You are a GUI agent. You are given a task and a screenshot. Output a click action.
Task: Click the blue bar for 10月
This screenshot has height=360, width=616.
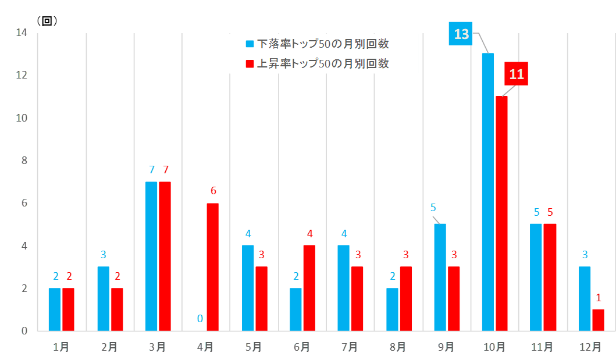point(488,192)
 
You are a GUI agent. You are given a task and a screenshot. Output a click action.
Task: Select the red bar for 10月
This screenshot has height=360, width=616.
point(501,213)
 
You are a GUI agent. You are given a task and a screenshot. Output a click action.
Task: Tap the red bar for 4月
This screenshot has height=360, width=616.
point(213,267)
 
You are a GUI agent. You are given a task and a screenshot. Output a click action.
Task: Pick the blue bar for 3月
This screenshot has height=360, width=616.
point(151,256)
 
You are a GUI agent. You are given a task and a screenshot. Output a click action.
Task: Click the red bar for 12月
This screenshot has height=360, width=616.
point(598,320)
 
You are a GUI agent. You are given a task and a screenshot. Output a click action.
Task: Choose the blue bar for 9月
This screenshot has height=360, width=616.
point(440,277)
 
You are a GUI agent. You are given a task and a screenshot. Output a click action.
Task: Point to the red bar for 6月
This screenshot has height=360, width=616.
point(309,288)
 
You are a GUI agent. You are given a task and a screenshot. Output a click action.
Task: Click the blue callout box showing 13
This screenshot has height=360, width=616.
point(461,34)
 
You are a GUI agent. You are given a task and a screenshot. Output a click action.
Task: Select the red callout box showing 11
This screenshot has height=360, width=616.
point(516,74)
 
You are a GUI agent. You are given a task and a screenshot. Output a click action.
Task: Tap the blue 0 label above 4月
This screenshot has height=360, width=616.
point(200,319)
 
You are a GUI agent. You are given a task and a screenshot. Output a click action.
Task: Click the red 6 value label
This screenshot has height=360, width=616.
point(213,191)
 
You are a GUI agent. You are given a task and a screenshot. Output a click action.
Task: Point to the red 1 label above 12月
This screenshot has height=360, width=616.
point(599,298)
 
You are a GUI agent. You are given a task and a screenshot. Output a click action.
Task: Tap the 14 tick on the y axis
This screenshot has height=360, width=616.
point(22,33)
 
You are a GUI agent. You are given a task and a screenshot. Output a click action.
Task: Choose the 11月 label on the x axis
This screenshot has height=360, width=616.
point(542,347)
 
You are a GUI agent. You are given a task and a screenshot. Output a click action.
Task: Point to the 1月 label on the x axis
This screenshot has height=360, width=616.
point(61,347)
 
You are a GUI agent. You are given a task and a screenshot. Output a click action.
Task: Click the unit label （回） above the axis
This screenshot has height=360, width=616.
point(47,21)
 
